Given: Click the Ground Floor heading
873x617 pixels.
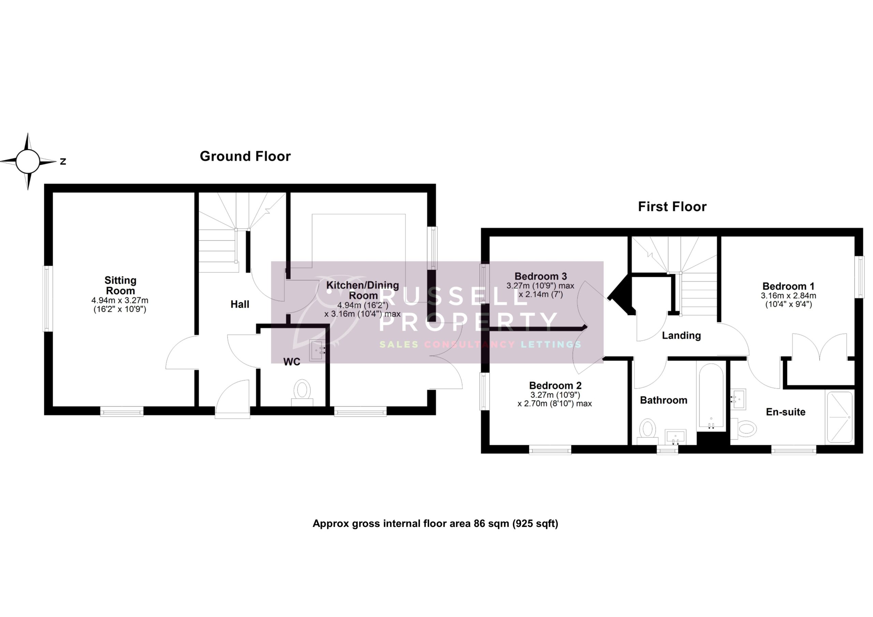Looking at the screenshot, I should click(245, 156).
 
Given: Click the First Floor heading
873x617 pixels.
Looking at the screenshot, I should click(672, 207).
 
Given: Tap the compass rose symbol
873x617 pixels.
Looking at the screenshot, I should click(28, 162).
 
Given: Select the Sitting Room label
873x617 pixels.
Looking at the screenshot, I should click(120, 286).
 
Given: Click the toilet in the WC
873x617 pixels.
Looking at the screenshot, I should click(302, 392).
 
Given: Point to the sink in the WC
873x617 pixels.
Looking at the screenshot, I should click(317, 350).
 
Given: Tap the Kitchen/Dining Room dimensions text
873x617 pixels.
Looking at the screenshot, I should click(362, 310).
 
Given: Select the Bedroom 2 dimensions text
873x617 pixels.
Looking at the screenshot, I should click(555, 399).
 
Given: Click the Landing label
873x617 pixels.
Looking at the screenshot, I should click(681, 335).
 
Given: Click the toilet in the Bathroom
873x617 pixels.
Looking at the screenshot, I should click(648, 431).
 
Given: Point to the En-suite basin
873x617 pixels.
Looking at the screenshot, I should click(738, 399).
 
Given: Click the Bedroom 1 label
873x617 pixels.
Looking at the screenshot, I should click(788, 286).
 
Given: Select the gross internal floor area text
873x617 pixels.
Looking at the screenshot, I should click(435, 524).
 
